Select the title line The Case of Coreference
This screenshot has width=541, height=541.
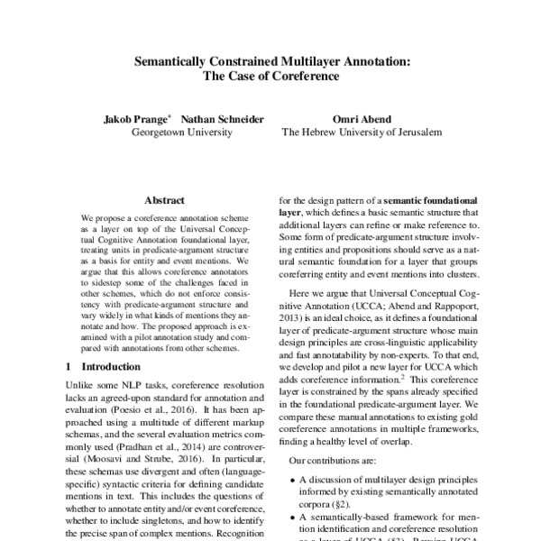[x=270, y=77]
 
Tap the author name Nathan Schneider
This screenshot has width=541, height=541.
[x=216, y=118]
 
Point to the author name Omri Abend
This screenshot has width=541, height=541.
[x=362, y=118]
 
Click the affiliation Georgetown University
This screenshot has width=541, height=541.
[x=182, y=133]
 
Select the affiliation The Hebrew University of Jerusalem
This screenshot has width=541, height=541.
[x=362, y=133]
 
